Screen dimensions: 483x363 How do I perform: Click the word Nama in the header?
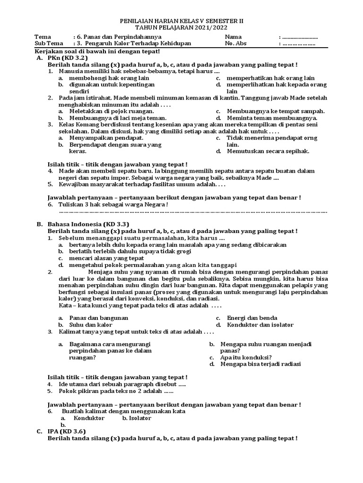pos(233,37)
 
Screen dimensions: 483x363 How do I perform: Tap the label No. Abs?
pos(236,44)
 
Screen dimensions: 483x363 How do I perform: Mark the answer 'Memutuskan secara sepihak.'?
pos(268,151)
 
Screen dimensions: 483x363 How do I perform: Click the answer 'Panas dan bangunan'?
pos(98,318)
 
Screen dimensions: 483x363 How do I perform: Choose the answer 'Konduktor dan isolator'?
pos(260,325)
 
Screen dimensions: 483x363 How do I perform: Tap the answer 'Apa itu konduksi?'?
pos(246,357)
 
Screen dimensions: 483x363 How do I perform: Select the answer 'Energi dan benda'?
pos(252,318)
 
